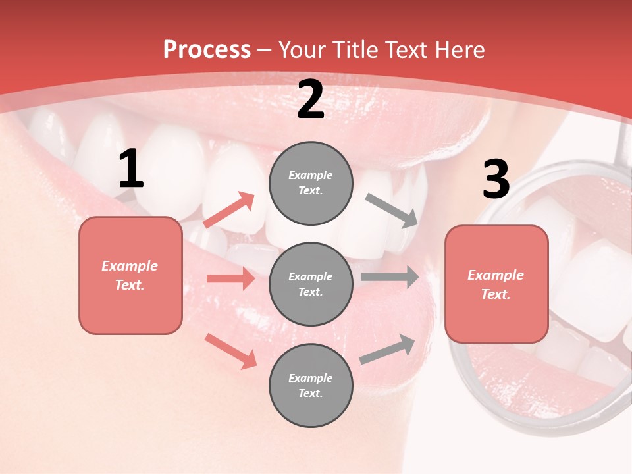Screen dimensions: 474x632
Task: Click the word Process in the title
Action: (207, 50)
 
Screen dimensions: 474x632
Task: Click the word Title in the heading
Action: (352, 50)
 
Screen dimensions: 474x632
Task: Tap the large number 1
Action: (131, 170)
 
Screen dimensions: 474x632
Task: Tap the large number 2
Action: (311, 99)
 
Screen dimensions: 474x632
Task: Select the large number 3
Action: (496, 180)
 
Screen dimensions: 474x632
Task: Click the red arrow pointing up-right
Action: (229, 210)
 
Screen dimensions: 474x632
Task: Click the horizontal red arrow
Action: (230, 278)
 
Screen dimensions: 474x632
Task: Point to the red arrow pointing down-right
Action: (230, 350)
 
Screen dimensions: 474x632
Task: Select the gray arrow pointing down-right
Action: (392, 211)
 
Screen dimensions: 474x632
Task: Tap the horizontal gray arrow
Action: (390, 276)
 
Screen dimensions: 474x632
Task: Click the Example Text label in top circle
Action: (311, 183)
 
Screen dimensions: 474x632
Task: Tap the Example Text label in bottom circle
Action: (311, 386)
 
